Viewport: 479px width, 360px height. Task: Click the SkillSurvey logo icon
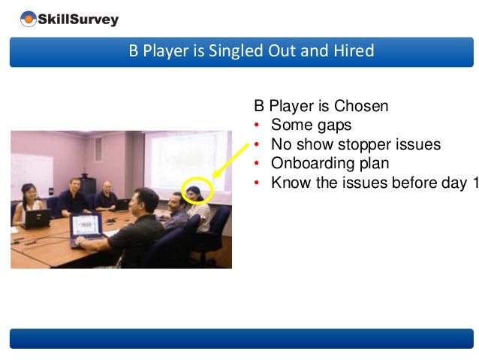[28, 19]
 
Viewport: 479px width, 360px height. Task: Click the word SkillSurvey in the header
[80, 20]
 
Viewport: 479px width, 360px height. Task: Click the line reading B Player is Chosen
[321, 106]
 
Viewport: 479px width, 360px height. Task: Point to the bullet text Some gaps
[311, 125]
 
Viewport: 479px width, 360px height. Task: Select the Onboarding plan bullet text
[330, 163]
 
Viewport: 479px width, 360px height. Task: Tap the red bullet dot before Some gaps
[258, 126]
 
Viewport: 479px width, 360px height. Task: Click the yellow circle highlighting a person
[198, 190]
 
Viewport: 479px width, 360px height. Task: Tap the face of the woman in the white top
[29, 192]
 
